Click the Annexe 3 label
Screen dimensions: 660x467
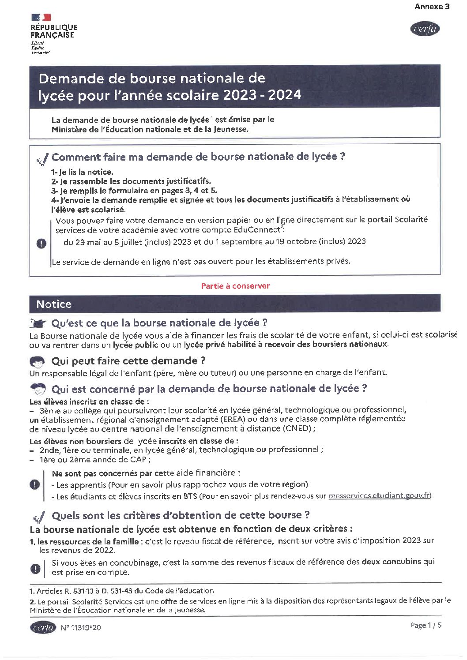click(432, 7)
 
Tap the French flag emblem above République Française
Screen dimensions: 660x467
click(41, 17)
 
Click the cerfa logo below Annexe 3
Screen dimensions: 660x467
click(425, 29)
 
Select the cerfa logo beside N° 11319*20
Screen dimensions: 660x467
click(43, 627)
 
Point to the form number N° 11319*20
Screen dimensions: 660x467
click(81, 628)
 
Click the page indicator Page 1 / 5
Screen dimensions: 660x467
click(426, 625)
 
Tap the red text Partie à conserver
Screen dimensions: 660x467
click(235, 286)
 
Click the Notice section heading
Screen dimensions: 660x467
click(54, 304)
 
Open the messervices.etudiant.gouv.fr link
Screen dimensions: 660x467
click(379, 496)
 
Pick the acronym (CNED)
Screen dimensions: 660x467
click(298, 428)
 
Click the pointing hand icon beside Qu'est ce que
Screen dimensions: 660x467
click(38, 323)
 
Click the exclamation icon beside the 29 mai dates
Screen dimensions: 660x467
click(41, 243)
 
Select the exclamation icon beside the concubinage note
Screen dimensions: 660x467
click(35, 568)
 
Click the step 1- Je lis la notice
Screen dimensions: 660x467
click(82, 172)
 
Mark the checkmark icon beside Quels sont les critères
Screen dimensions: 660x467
click(39, 516)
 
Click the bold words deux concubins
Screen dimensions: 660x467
click(391, 562)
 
